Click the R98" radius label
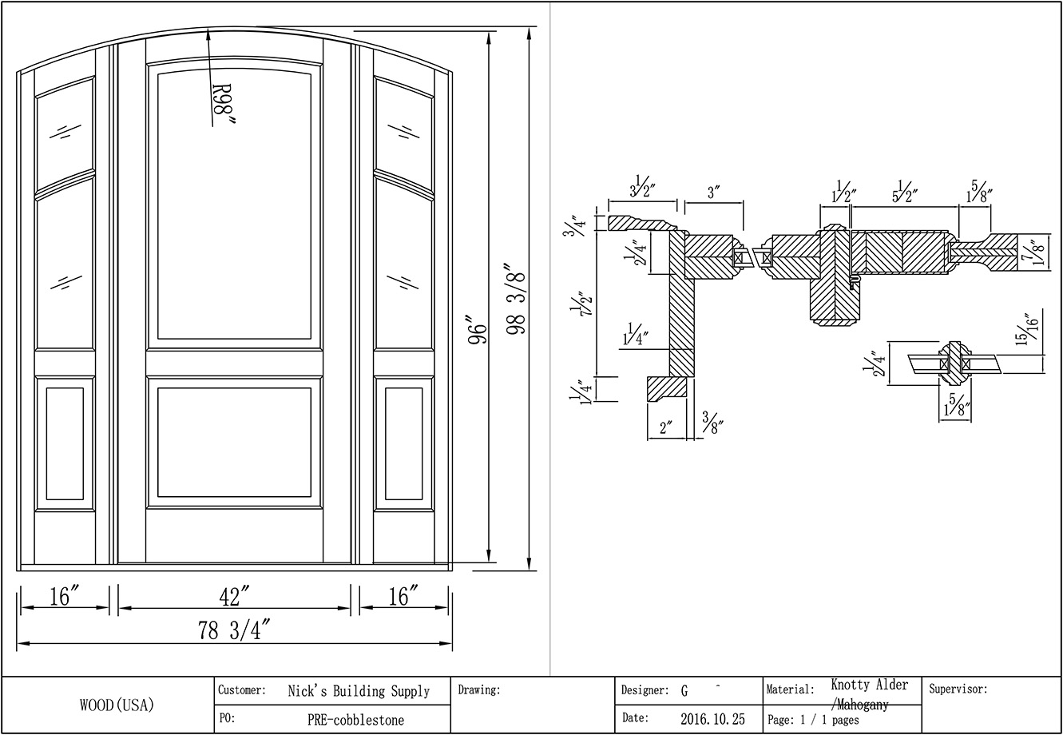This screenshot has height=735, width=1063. [223, 105]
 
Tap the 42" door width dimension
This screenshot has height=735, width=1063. [234, 596]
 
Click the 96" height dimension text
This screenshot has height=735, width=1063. [478, 328]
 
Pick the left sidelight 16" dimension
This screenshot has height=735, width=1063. [65, 596]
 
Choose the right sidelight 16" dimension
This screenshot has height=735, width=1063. [404, 596]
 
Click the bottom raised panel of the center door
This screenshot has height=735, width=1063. [235, 443]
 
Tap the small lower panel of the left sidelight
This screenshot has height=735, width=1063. [65, 444]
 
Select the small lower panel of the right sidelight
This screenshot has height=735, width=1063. [404, 444]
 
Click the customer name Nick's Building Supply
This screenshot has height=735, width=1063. [359, 691]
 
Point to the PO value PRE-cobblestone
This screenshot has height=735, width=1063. [356, 721]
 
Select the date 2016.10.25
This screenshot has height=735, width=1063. [712, 719]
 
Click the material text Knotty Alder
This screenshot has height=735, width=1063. [870, 685]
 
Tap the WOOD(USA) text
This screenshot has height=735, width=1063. [117, 705]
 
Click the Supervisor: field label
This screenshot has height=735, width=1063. [958, 689]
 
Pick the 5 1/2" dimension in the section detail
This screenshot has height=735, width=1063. [905, 192]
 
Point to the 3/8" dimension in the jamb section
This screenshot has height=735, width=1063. [712, 423]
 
